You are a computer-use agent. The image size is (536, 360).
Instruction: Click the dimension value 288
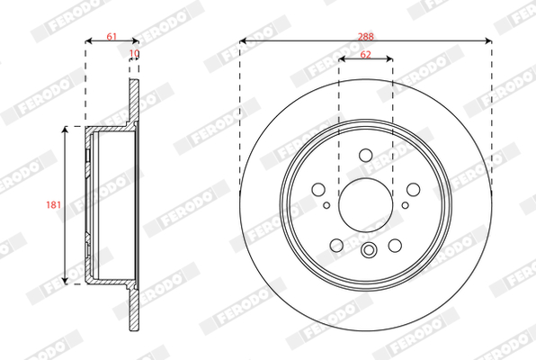coord(366,36)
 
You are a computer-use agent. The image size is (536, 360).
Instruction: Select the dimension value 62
coord(365,55)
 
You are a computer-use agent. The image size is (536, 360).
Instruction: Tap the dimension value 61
coord(112,36)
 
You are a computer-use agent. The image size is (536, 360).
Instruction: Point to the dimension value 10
coord(134,53)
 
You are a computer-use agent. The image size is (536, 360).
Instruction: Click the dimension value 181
coord(54,205)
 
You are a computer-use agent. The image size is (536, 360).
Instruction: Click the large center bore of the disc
coord(366,205)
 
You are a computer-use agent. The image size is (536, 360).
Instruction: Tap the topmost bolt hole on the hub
coord(366,155)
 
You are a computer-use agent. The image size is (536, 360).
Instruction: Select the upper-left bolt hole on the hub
coord(318,189)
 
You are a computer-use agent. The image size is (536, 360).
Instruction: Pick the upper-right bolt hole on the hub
coord(413,189)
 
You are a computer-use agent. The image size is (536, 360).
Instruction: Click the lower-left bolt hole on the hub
coord(336,245)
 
